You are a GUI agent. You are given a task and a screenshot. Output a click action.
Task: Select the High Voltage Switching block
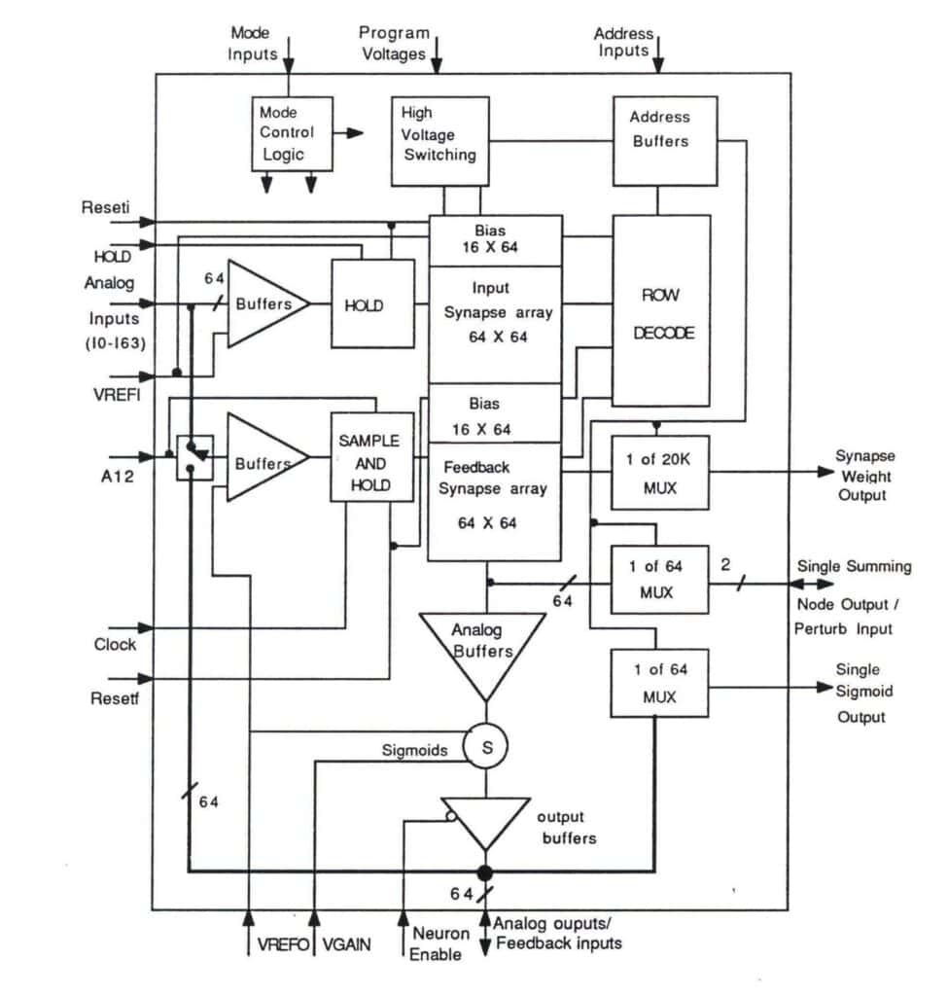[439, 140]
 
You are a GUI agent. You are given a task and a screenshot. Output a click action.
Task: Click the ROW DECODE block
[660, 310]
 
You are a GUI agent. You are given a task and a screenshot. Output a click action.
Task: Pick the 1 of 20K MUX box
[659, 472]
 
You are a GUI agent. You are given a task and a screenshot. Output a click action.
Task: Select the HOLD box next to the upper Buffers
[364, 305]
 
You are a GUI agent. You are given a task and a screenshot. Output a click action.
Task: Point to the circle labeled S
[485, 747]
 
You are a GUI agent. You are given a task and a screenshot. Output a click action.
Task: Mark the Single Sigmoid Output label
[860, 694]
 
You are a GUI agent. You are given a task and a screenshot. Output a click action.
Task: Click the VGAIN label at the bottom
[346, 944]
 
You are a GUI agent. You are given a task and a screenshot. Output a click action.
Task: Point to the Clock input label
[116, 644]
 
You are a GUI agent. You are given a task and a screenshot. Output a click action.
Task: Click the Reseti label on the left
[106, 208]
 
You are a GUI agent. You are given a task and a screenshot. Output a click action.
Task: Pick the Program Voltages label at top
[394, 44]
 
